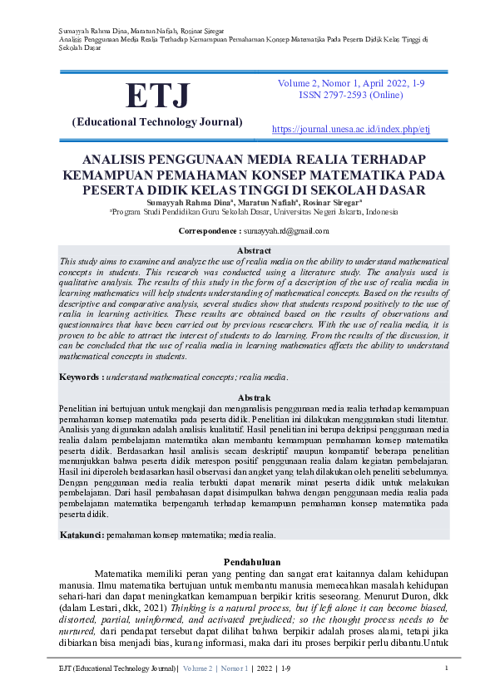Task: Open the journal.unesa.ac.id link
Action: pyautogui.click(x=350, y=130)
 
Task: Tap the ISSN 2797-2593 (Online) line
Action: pyautogui.click(x=350, y=96)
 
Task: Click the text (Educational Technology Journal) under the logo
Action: pyautogui.click(x=157, y=122)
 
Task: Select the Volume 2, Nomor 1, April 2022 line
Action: pyautogui.click(x=350, y=83)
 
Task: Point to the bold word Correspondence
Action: pyautogui.click(x=209, y=230)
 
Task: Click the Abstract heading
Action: pyautogui.click(x=255, y=250)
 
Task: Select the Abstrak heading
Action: pyautogui.click(x=255, y=397)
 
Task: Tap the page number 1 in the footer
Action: pyautogui.click(x=447, y=668)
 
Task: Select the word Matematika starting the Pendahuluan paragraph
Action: pyautogui.click(x=124, y=574)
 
